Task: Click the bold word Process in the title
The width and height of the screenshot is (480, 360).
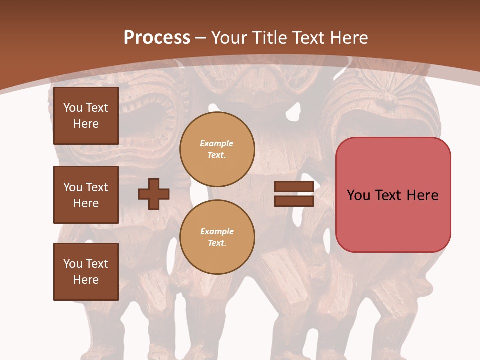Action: [157, 38]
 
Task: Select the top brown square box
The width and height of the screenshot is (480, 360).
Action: [86, 116]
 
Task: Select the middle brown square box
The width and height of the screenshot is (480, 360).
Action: [86, 195]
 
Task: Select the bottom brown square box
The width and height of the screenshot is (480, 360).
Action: [86, 272]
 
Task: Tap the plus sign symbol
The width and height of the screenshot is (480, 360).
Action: [154, 194]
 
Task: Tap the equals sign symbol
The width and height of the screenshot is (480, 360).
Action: [294, 194]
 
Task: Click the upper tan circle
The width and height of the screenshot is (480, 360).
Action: [217, 149]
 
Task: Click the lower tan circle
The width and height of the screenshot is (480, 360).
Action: [217, 237]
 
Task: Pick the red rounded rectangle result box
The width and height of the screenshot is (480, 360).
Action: [393, 195]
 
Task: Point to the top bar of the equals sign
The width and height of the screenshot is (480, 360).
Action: [294, 187]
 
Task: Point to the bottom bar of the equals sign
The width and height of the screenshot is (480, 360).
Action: [294, 201]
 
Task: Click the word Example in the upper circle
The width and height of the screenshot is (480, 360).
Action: [217, 143]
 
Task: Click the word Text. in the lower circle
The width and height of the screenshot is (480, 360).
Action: [217, 243]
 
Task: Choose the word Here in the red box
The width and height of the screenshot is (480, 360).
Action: [422, 195]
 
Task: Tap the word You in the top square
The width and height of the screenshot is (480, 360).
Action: [73, 108]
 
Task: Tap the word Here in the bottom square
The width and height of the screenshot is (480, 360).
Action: [86, 280]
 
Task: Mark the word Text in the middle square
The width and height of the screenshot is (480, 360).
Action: [97, 187]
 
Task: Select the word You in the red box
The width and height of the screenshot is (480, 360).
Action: [358, 195]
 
